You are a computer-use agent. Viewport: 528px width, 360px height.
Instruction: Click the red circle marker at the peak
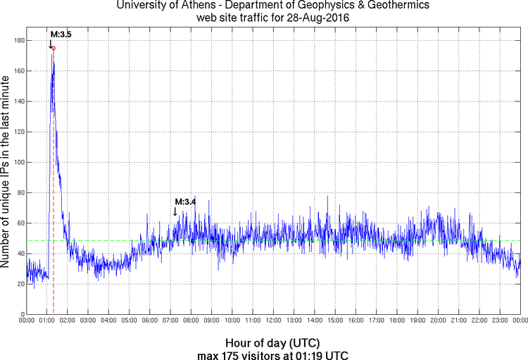(53, 48)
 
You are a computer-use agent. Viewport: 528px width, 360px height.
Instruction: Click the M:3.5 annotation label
(59, 34)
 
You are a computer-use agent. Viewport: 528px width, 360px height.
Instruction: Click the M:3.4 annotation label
(184, 202)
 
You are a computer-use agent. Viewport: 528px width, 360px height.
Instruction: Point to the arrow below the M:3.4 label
(175, 211)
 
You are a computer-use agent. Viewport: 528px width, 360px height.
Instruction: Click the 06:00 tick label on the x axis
(150, 321)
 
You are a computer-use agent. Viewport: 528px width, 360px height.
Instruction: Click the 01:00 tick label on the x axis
(46, 321)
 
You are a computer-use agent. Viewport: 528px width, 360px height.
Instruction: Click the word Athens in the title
(205, 6)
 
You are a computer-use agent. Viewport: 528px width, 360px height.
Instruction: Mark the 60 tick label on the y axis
(20, 223)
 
